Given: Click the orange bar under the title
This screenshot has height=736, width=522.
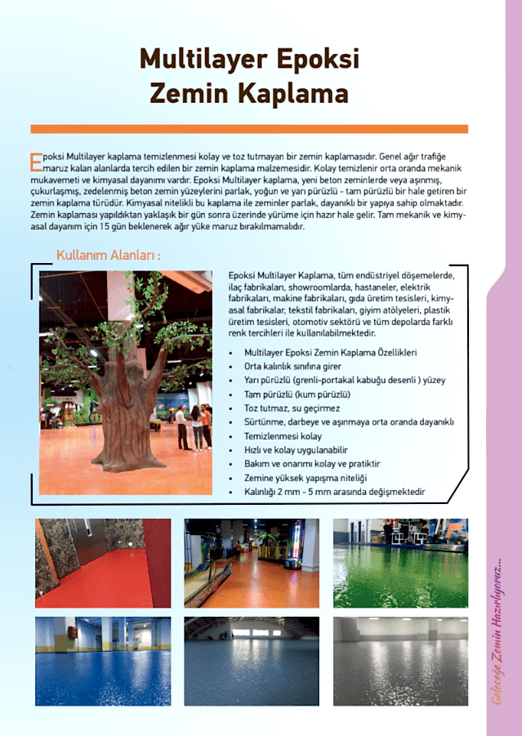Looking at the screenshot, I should [x=249, y=129].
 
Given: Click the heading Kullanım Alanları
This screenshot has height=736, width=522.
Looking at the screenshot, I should [x=109, y=256].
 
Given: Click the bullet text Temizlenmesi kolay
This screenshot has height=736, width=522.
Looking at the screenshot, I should [x=283, y=436].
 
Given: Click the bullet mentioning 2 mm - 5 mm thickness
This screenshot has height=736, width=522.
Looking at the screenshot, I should [x=334, y=492].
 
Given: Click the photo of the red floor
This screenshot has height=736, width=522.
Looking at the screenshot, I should [x=103, y=563].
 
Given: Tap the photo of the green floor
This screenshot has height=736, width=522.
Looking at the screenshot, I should [x=400, y=563].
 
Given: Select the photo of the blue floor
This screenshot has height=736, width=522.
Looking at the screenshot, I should [x=103, y=661].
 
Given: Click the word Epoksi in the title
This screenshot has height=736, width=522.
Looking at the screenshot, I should [x=317, y=60].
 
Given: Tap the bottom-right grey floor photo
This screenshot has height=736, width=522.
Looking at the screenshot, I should [x=400, y=661].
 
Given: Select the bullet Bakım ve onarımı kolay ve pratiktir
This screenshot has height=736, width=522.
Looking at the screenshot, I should [x=311, y=464].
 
